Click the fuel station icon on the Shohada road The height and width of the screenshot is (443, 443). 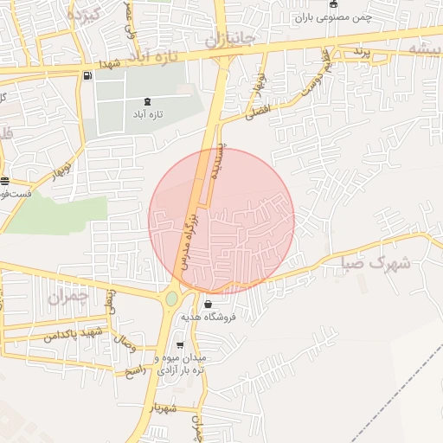pos(88,74)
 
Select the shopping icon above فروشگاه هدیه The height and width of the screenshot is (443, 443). pos(208,305)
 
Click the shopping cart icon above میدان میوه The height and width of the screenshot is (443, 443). pos(179,345)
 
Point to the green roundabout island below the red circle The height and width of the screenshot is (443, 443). pos(171,299)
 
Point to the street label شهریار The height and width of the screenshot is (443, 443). pos(162,408)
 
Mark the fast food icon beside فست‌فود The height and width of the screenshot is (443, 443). pos(5,181)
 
